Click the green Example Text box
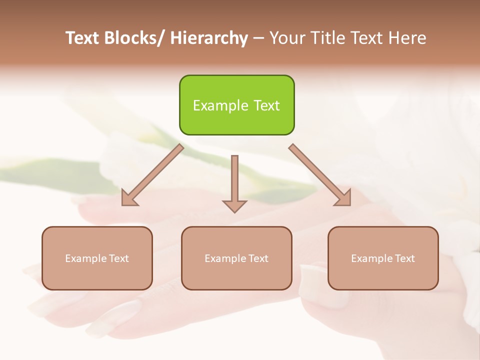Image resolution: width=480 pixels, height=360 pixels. pos(236,105)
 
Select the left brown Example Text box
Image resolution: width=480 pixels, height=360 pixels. pos(97,258)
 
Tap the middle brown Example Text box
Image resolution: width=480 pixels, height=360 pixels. pos(236,258)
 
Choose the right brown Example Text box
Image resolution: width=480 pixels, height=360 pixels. pos(383,258)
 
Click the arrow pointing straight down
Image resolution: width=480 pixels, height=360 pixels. pos(234,182)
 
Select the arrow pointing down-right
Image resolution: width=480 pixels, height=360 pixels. pos(320,175)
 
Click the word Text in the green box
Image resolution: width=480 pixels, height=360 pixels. pos(266,105)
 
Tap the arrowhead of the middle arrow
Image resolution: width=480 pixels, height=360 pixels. pos(234,205)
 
